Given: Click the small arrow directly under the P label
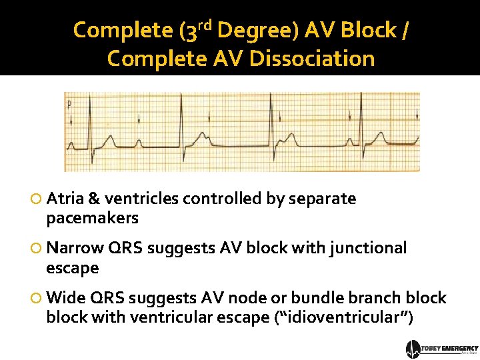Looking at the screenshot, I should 70,119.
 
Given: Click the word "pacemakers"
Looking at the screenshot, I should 93,218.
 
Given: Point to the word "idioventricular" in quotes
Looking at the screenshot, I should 344,318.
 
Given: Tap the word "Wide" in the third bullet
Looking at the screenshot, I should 65,297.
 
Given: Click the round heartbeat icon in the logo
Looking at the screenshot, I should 413,349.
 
